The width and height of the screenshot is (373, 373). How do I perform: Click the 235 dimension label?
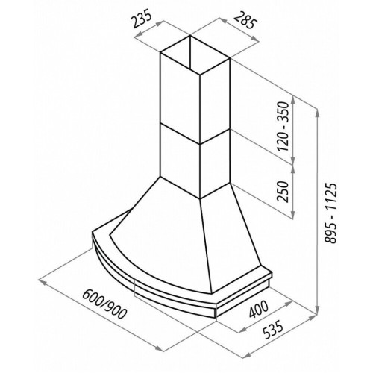pos(142,19)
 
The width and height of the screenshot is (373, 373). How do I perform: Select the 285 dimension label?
pos(245,20)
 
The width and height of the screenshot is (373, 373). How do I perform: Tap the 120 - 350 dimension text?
pos(283,126)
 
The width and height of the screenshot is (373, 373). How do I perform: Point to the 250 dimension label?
pos(283,192)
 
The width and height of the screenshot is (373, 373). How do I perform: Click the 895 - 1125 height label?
pos(330,213)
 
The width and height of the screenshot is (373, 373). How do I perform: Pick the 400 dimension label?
pos(259,310)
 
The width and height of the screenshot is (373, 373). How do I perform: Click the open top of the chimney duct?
pos(195,55)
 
